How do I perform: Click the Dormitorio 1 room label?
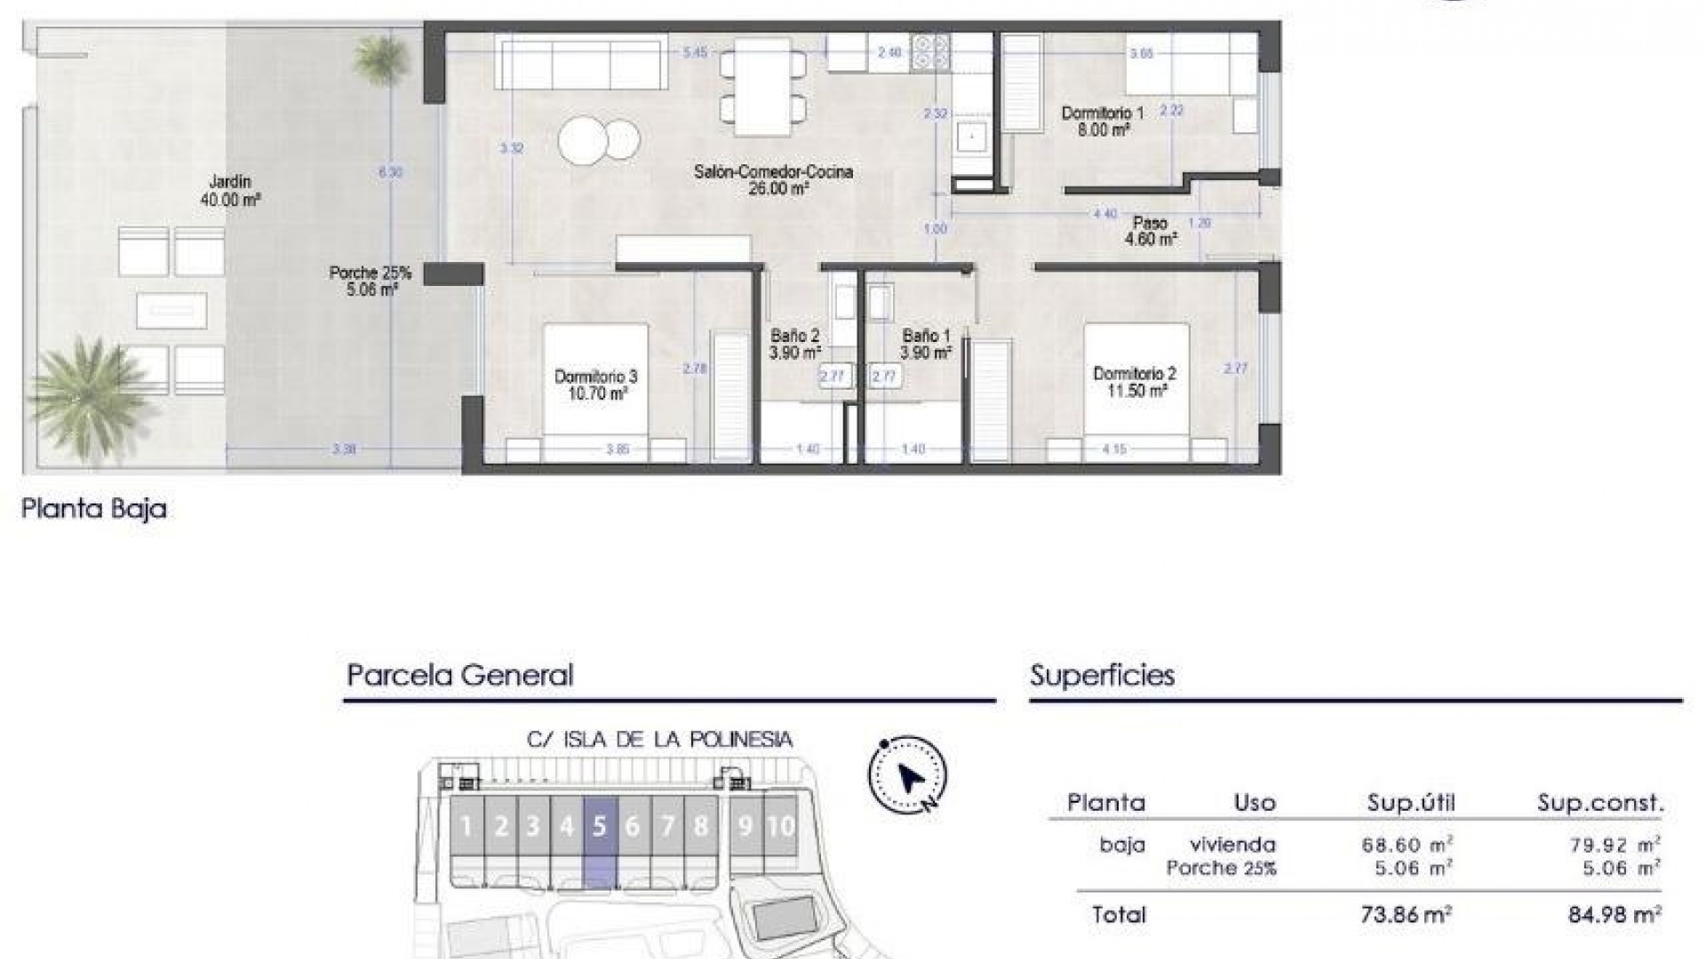point(1102,121)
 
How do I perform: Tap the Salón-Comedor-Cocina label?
point(773,179)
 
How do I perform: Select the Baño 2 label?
point(794,344)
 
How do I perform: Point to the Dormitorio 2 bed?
point(1136,391)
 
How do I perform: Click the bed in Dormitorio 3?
point(595,391)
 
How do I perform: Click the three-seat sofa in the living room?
point(581,62)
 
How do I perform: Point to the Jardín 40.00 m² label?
point(230,191)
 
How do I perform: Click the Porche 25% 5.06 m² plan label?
point(370,281)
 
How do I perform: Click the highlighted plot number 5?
point(600,827)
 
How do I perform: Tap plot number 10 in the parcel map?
point(780,827)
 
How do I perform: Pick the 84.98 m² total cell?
point(1614,915)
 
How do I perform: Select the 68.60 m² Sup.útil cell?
point(1407,845)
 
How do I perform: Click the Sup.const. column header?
point(1599,804)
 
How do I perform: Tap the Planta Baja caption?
point(94,510)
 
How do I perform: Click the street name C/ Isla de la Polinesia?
point(659,740)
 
